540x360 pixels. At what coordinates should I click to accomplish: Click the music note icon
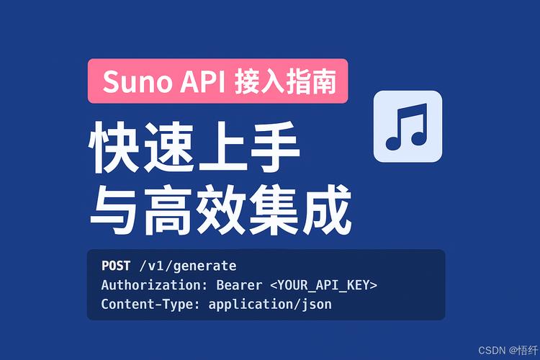pyautogui.click(x=407, y=126)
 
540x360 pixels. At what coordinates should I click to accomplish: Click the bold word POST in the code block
pyautogui.click(x=115, y=266)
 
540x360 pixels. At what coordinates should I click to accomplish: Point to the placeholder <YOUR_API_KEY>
pyautogui.click(x=323, y=285)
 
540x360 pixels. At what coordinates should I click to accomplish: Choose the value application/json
pyautogui.click(x=270, y=304)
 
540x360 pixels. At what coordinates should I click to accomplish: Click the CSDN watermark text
pyautogui.click(x=492, y=350)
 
